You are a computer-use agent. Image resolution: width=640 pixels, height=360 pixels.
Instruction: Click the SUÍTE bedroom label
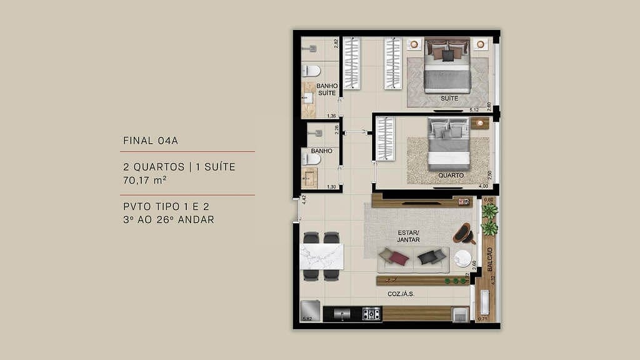449,99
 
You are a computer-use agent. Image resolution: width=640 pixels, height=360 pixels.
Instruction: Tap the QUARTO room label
451,176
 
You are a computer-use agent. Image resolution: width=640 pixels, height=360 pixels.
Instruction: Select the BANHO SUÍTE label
327,89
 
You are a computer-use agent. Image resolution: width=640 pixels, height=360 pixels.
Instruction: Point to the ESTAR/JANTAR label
408,235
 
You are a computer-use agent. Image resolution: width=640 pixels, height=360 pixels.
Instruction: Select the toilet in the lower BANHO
311,159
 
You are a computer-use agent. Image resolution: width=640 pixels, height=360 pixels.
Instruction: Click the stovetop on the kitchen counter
371,314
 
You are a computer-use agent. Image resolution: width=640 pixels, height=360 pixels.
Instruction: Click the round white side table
462,258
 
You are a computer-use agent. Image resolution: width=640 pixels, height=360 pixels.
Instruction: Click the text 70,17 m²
147,181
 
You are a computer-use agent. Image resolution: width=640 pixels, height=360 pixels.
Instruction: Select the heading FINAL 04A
151,140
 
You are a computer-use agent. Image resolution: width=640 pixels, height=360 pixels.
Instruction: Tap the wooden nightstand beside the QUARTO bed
479,123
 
